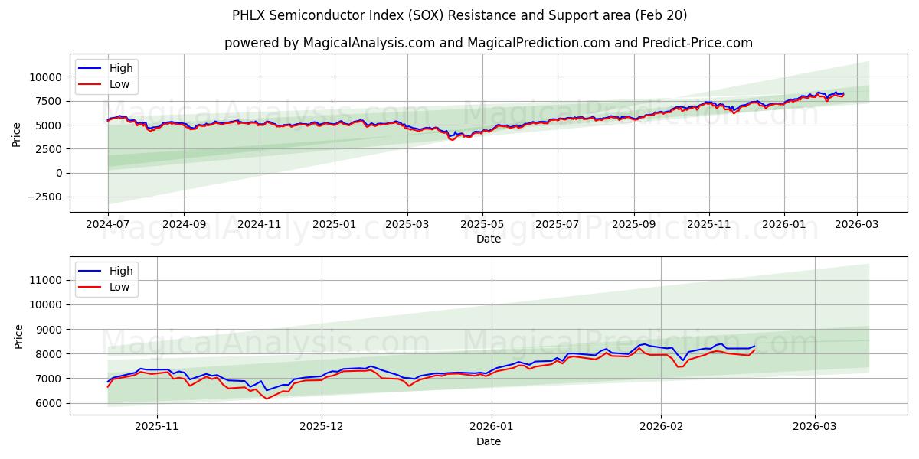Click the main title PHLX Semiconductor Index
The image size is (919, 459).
point(459,15)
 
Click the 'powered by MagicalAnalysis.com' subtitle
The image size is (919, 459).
point(489,43)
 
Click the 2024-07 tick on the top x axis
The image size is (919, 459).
point(108,225)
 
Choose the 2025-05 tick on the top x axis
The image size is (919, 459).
point(482,225)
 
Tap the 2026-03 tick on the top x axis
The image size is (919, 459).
point(857,225)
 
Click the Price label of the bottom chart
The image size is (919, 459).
point(19,336)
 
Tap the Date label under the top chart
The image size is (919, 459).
point(489,239)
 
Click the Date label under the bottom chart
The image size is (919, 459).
point(489,441)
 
